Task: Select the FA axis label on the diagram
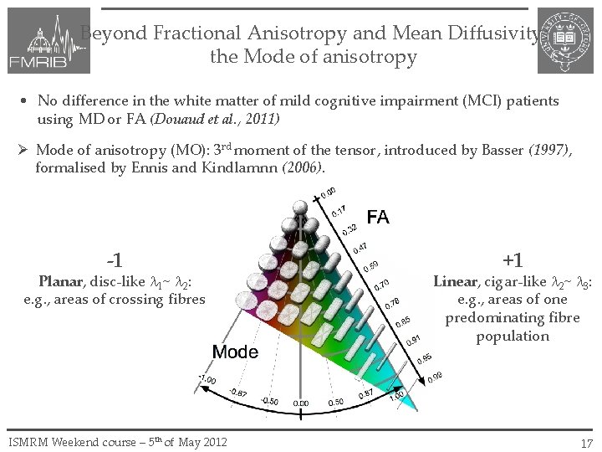pos(377,218)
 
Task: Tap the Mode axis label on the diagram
pos(235,352)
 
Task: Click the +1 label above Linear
pos(513,261)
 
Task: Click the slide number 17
pos(586,443)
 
